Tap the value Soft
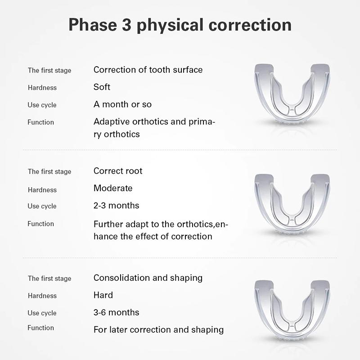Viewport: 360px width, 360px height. [102, 87]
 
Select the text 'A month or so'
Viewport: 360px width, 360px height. [122, 104]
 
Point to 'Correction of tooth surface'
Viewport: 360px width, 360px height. [148, 70]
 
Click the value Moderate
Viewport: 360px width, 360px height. [113, 188]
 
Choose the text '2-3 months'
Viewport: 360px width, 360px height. [116, 206]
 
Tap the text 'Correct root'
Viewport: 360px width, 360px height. [118, 171]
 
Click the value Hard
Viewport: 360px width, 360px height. [103, 295]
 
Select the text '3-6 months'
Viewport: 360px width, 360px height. [116, 312]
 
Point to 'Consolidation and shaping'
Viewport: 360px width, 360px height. [148, 278]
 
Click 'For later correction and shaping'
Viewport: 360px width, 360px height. [158, 330]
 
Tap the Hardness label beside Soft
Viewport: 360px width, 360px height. [42, 88]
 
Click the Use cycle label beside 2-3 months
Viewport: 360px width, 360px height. [42, 206]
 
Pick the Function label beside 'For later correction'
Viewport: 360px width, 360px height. [40, 328]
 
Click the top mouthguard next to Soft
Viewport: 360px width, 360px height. [292, 94]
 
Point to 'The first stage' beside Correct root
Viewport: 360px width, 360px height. [49, 171]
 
